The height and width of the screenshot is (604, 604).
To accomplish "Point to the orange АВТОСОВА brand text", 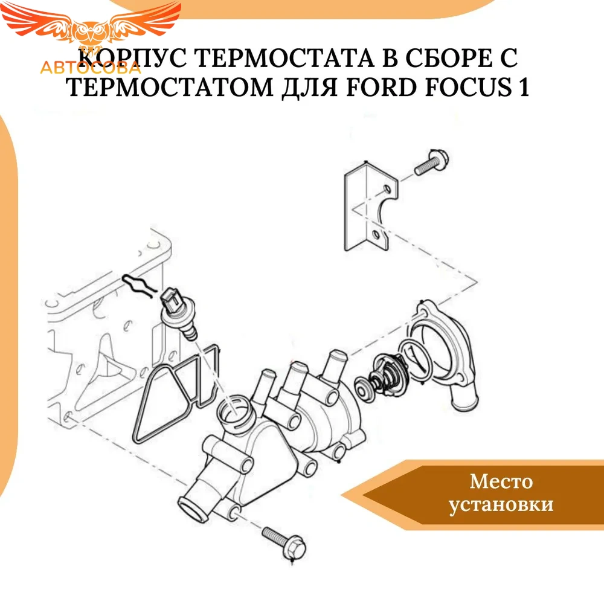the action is (91, 68).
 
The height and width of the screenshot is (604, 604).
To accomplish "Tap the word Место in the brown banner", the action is (501, 481).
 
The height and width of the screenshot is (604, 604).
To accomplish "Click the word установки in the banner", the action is (501, 504).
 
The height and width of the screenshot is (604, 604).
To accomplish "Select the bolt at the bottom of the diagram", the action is (284, 544).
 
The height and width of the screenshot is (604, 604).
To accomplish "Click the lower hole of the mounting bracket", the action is (376, 234).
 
